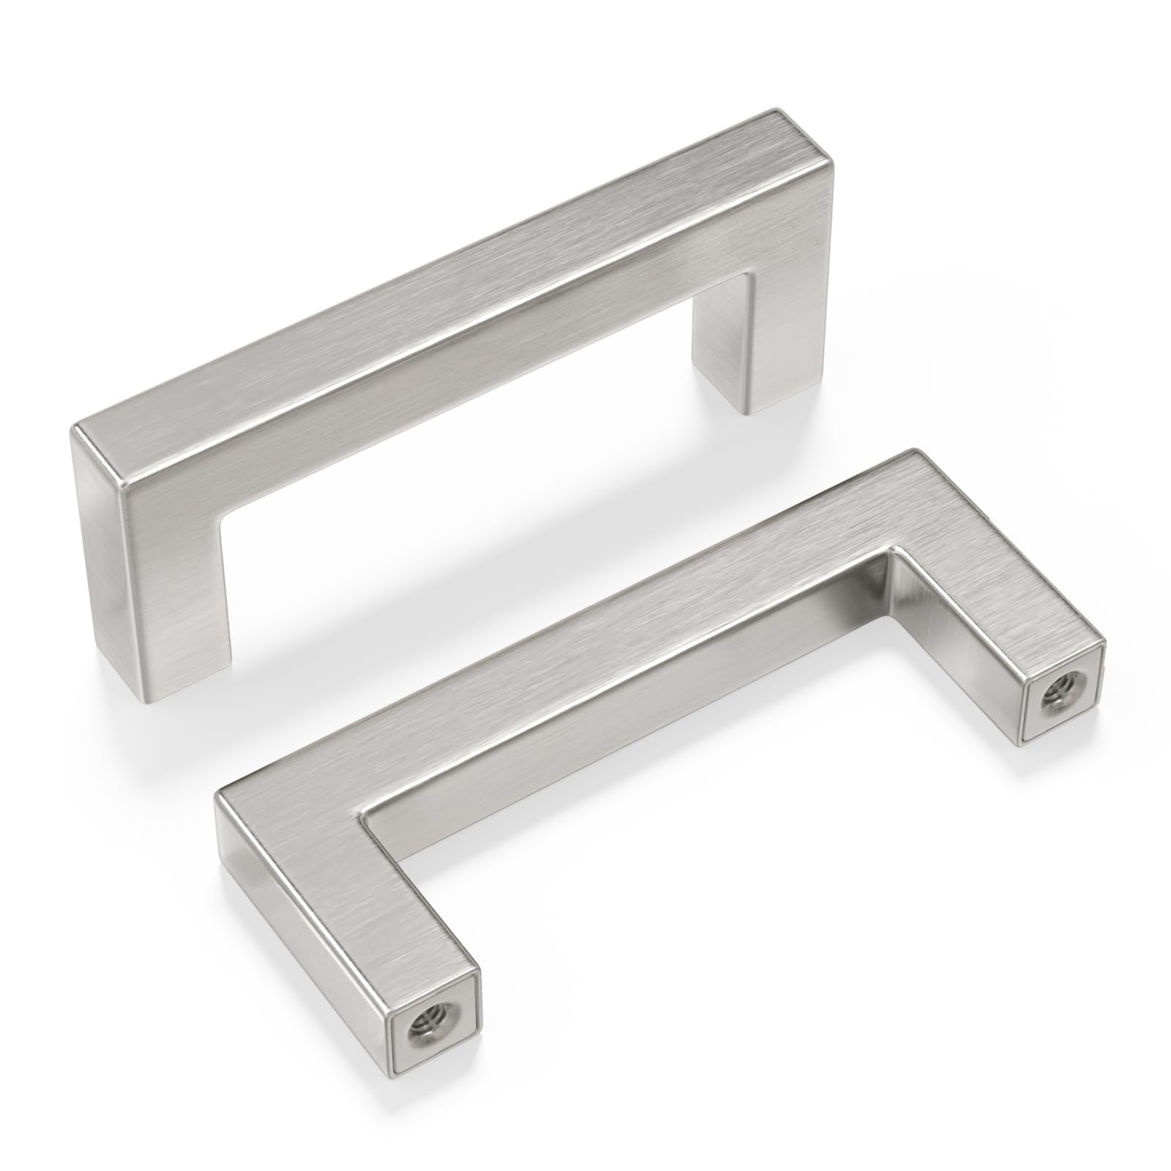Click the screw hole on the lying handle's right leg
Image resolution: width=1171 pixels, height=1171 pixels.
tap(1058, 686)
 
